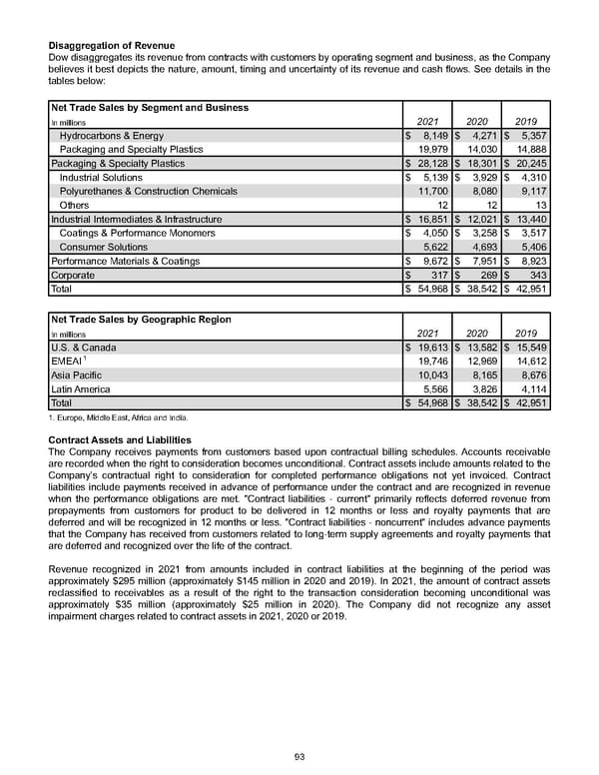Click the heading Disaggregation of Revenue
(111, 45)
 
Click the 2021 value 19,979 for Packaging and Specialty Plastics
(428, 149)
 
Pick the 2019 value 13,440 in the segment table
(530, 219)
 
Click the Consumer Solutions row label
(104, 247)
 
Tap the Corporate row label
(73, 275)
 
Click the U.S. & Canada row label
(83, 348)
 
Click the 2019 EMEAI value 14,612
(530, 362)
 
